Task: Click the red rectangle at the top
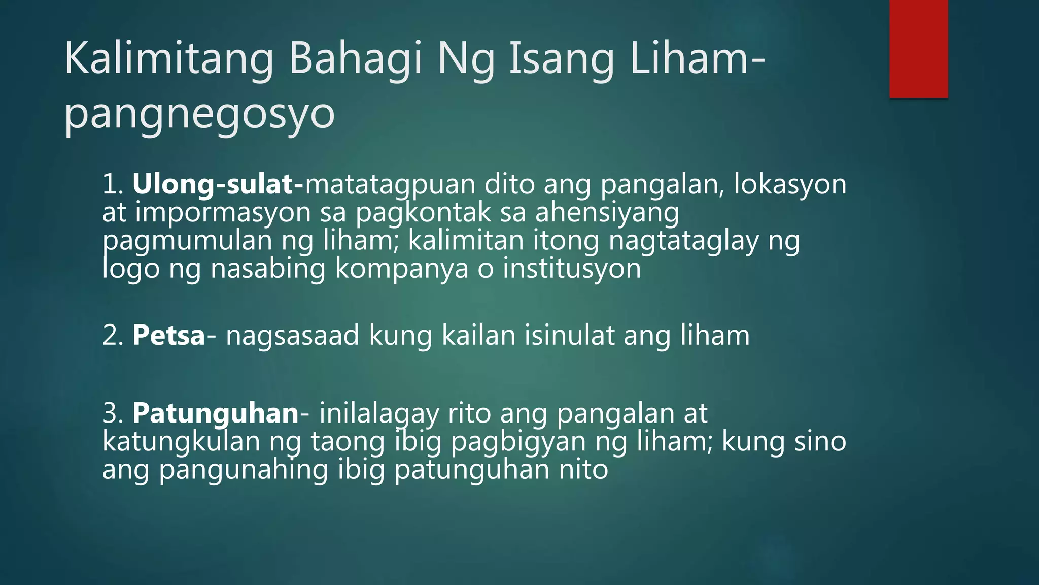coord(918,48)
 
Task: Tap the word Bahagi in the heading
coord(356,59)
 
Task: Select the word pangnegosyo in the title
coord(199,114)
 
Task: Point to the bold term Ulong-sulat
coord(218,184)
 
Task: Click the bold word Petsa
coord(168,336)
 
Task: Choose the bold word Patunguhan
coord(215,413)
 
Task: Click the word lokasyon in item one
coord(790,184)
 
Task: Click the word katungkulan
coord(181,441)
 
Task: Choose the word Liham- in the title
coord(698,59)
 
